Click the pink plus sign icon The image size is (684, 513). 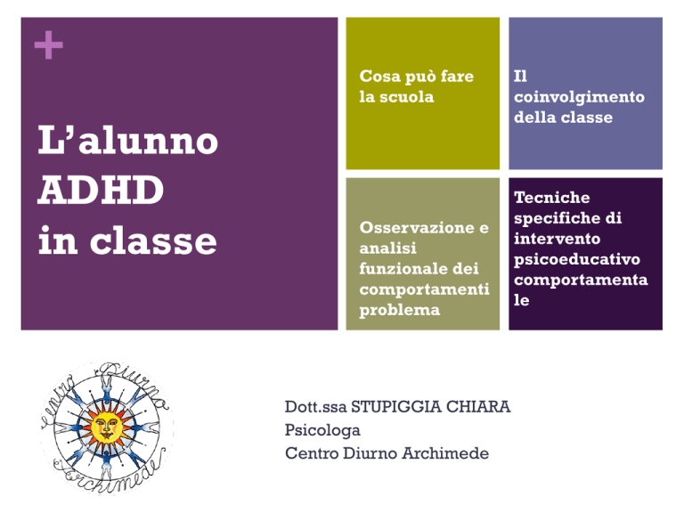click(x=48, y=45)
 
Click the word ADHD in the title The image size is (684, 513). click(x=101, y=191)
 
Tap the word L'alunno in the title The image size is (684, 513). click(x=128, y=141)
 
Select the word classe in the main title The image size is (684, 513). click(x=153, y=240)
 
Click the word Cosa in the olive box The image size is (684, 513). click(x=380, y=77)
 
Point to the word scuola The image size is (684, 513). click(x=406, y=97)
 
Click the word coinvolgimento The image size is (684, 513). click(x=579, y=97)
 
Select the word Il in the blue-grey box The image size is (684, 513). click(x=520, y=77)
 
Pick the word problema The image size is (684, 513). click(x=400, y=311)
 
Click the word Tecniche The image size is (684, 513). click(x=552, y=198)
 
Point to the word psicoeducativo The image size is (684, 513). click(x=577, y=260)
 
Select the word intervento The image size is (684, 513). click(x=557, y=239)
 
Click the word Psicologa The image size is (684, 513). click(x=322, y=430)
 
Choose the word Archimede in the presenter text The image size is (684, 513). click(x=445, y=453)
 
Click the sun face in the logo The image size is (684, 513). click(x=106, y=427)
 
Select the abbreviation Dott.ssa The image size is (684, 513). click(x=316, y=407)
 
